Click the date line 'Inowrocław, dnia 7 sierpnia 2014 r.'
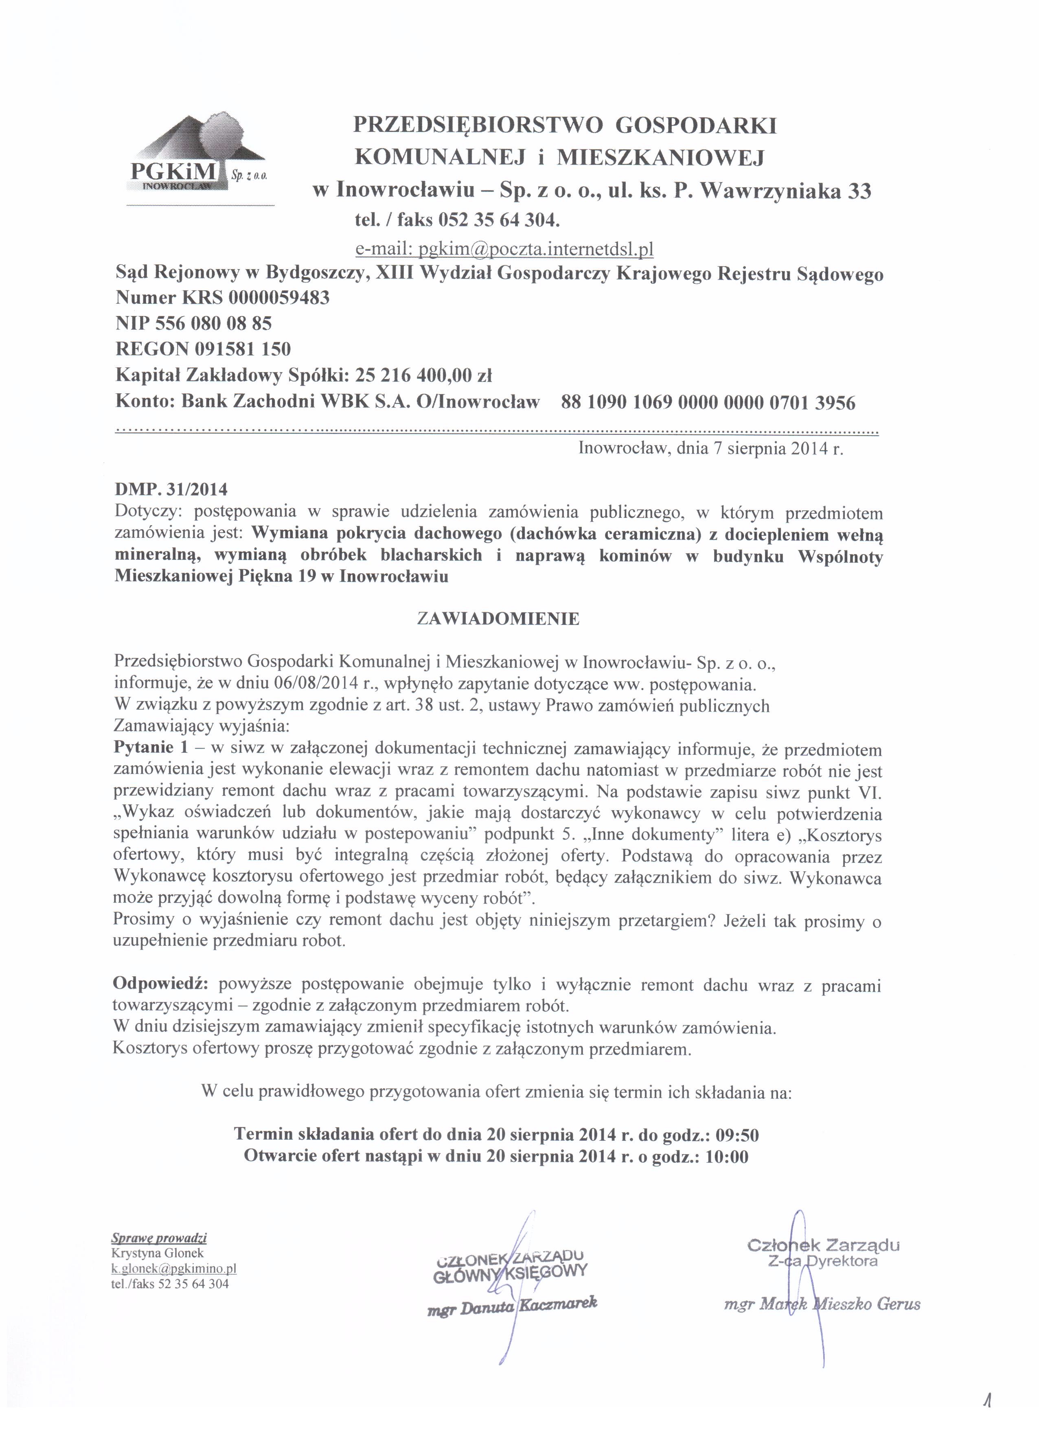(x=710, y=449)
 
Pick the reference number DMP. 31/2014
(x=171, y=489)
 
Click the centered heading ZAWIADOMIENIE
(x=498, y=619)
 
